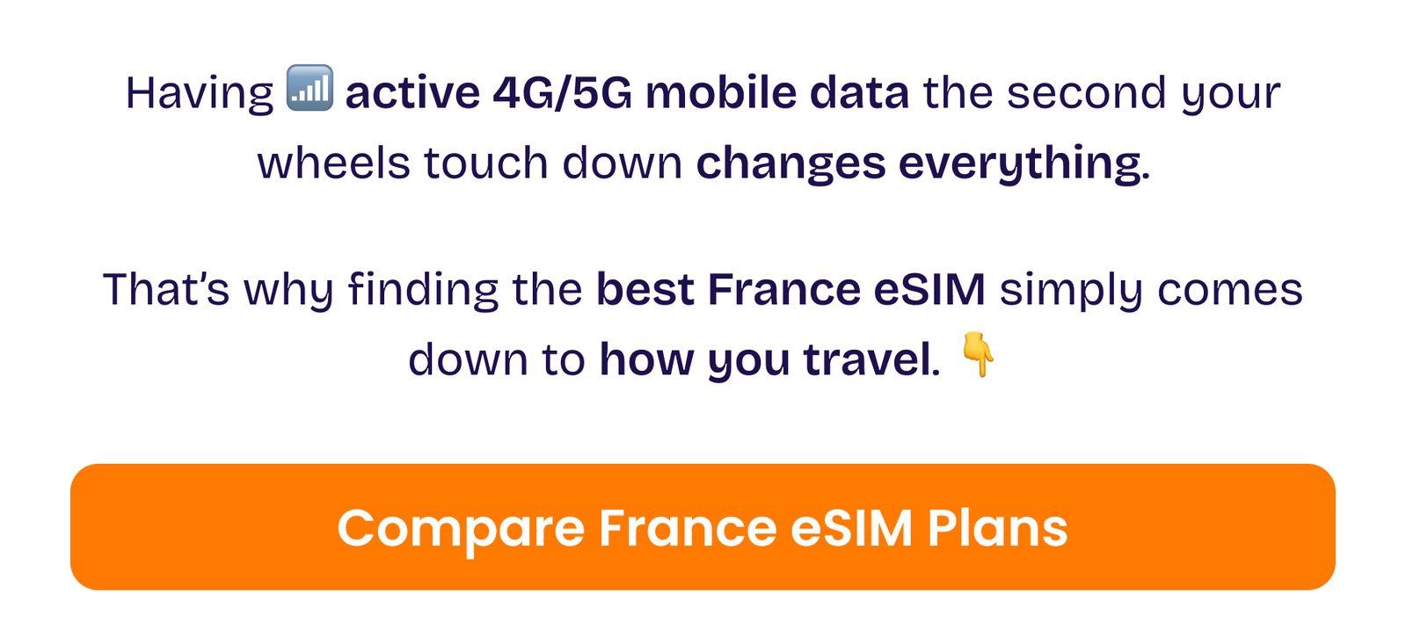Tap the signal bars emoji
pyautogui.click(x=310, y=87)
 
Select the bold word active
pyautogui.click(x=412, y=93)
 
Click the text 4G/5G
pyautogui.click(x=563, y=93)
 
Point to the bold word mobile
pyautogui.click(x=720, y=93)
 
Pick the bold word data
pyautogui.click(x=859, y=93)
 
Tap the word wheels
pyautogui.click(x=334, y=163)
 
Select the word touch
pyautogui.click(x=486, y=163)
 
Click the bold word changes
pyautogui.click(x=790, y=164)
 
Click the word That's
pyautogui.click(x=166, y=289)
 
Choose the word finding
pyautogui.click(x=424, y=291)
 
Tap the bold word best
pyautogui.click(x=645, y=289)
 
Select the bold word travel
pyautogui.click(x=867, y=359)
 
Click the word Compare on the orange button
pyautogui.click(x=461, y=529)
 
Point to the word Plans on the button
pyautogui.click(x=997, y=529)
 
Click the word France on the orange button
pyautogui.click(x=688, y=528)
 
